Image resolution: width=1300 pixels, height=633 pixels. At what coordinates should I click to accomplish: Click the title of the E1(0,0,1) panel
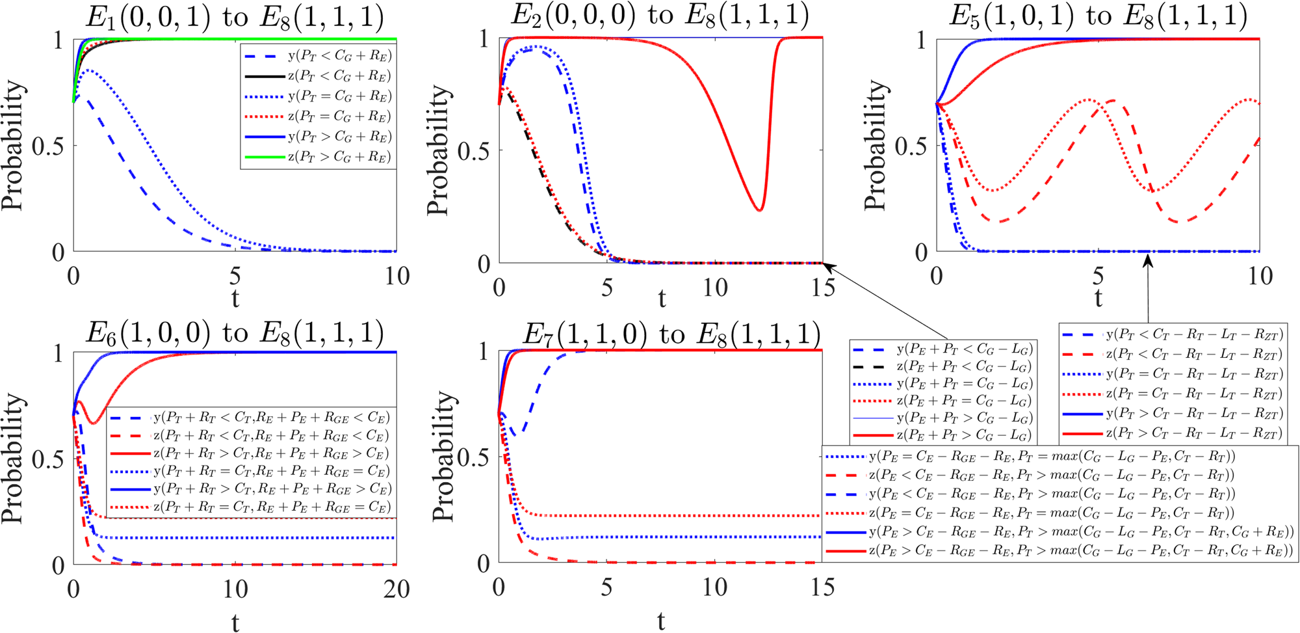click(x=235, y=17)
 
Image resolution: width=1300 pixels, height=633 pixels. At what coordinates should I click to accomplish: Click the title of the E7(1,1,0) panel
click(x=671, y=334)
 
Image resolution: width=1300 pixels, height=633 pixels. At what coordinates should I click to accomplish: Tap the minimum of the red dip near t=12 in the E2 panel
click(x=760, y=209)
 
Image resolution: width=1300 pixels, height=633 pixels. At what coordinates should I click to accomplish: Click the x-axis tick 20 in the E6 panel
click(x=396, y=589)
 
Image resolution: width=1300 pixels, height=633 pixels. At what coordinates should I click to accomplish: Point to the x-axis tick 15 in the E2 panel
click(x=822, y=288)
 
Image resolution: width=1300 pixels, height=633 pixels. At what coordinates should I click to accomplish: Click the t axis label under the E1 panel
click(x=235, y=299)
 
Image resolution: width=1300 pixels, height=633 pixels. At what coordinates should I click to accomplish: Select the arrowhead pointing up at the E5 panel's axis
click(x=1148, y=260)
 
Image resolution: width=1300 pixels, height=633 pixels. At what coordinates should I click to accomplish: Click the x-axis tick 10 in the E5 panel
click(x=1259, y=276)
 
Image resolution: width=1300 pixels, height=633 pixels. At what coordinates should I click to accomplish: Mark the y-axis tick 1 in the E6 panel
click(x=58, y=353)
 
